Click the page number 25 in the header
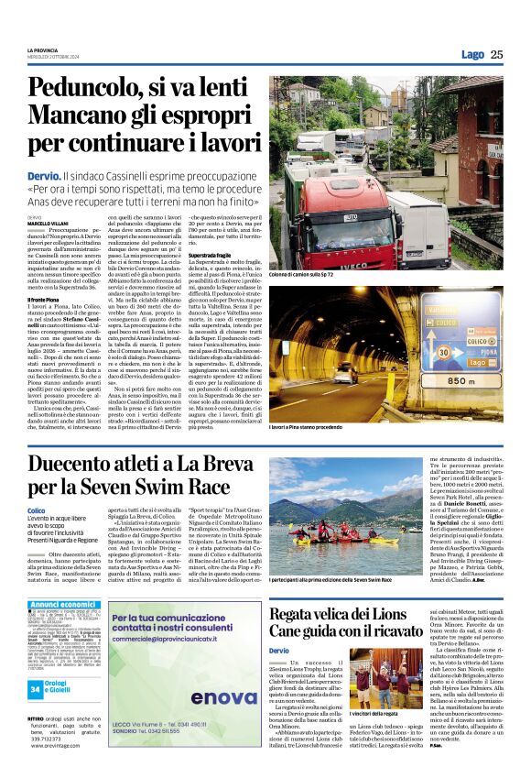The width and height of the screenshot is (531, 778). pyautogui.click(x=496, y=54)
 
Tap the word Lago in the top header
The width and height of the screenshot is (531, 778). pyautogui.click(x=472, y=54)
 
